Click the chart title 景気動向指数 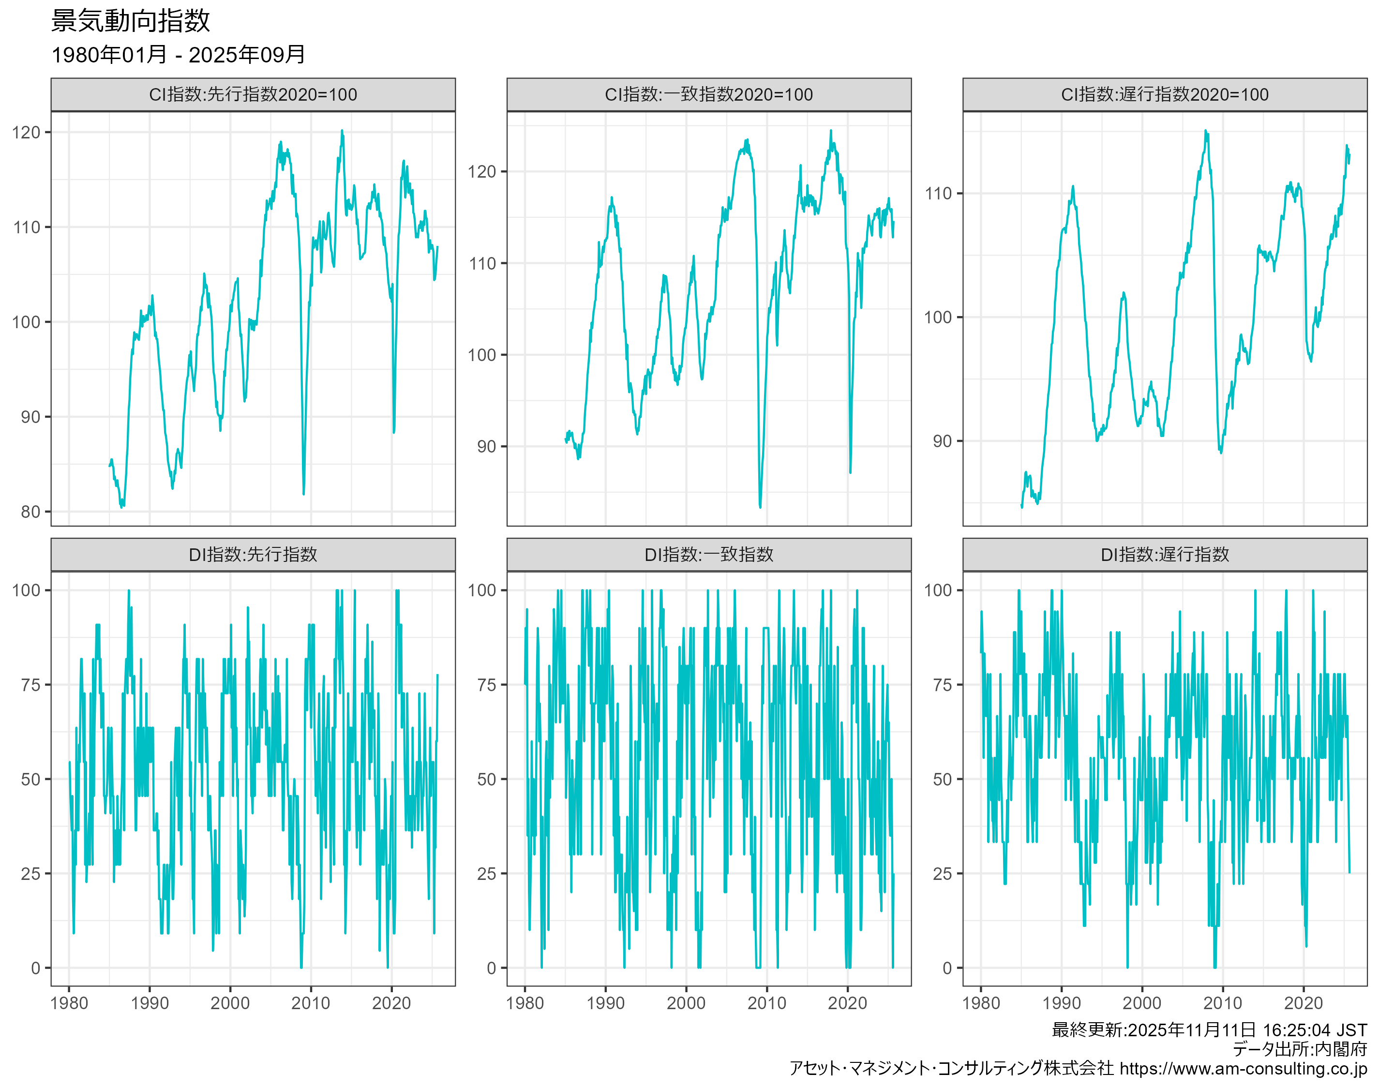130,21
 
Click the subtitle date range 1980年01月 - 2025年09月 178,55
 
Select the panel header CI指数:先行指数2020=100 253,95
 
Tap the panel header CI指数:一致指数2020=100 709,95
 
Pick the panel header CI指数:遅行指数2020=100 1164,95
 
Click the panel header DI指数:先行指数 253,555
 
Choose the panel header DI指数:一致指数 709,555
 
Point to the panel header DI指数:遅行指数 1164,555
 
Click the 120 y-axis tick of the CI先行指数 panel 26,133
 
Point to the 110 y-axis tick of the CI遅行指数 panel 938,194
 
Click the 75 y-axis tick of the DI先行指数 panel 30,685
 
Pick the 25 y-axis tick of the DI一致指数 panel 486,874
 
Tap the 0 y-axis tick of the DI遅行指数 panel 947,968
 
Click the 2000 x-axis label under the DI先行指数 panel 230,1003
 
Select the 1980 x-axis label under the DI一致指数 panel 525,1003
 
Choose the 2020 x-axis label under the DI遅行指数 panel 1303,1003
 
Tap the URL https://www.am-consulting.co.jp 1243,1069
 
